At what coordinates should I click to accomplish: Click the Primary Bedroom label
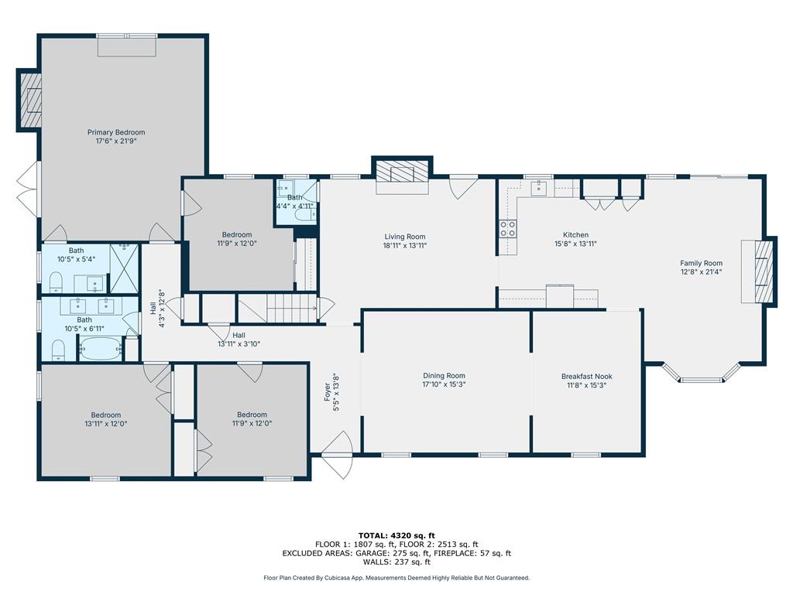pos(115,132)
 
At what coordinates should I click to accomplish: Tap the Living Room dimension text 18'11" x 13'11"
pos(405,245)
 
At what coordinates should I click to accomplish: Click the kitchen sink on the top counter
pos(537,188)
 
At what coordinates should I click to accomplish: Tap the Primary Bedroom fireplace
pos(31,101)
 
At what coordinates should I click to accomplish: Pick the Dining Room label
pos(444,375)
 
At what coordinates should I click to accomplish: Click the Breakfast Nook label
pos(586,377)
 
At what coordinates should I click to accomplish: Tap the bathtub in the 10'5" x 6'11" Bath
pos(100,350)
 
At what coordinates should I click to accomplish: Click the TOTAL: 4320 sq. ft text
pos(396,535)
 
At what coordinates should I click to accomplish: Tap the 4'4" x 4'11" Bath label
pos(294,197)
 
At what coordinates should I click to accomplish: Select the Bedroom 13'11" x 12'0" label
pos(105,415)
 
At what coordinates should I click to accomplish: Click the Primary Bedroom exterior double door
pos(27,186)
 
